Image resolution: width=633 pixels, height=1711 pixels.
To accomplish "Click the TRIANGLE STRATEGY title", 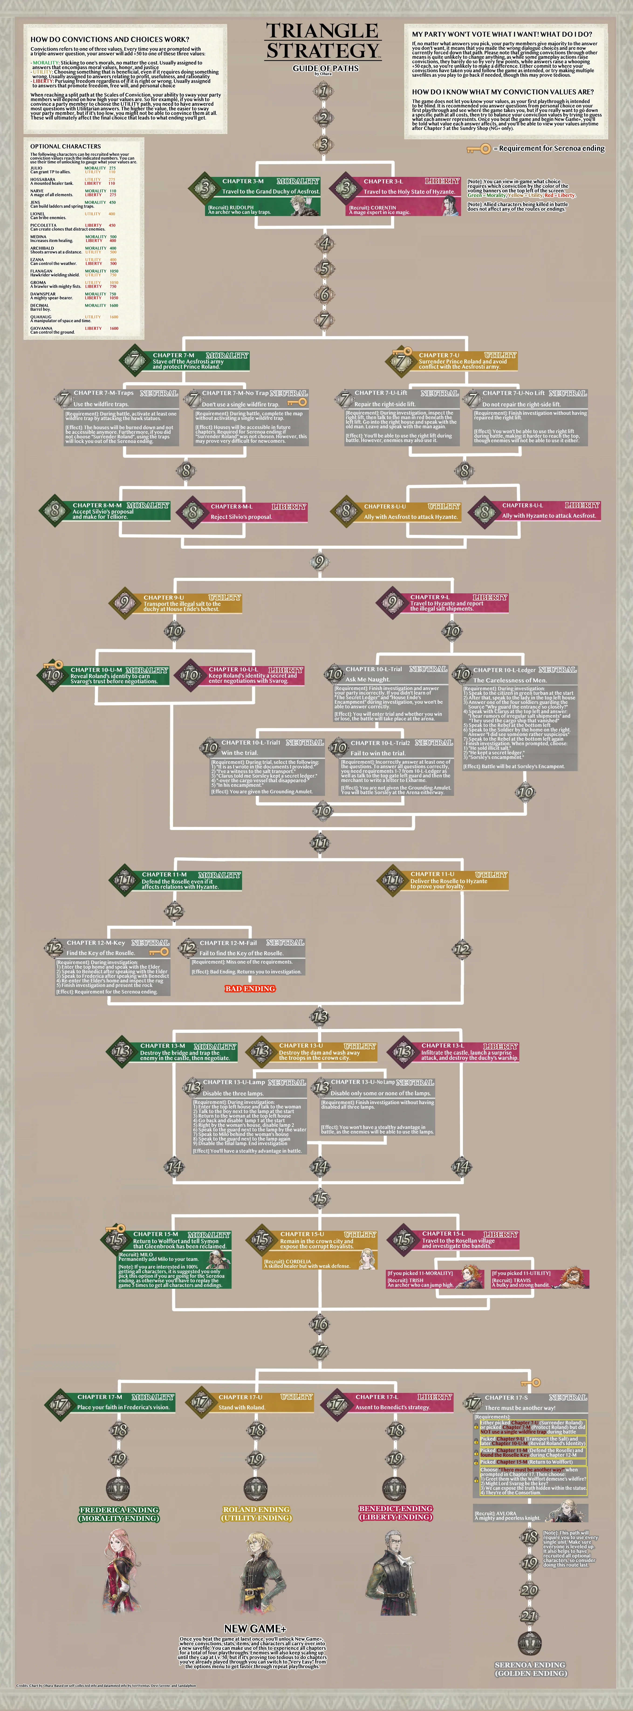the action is (x=323, y=41).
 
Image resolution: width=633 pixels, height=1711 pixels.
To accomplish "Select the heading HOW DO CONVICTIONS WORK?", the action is (x=109, y=39).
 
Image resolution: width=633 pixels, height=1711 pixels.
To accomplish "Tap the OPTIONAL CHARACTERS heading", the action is (x=66, y=146).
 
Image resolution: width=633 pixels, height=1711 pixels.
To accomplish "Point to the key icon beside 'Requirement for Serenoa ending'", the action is (x=478, y=149).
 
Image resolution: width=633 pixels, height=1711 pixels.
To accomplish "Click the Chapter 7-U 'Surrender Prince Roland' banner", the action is (x=458, y=361).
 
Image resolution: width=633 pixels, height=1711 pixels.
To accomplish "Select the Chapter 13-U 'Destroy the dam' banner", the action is (x=319, y=1051).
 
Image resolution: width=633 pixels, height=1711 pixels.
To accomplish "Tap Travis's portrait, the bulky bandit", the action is (x=571, y=1278).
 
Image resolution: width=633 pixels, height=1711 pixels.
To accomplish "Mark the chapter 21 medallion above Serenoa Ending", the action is (x=529, y=1615).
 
